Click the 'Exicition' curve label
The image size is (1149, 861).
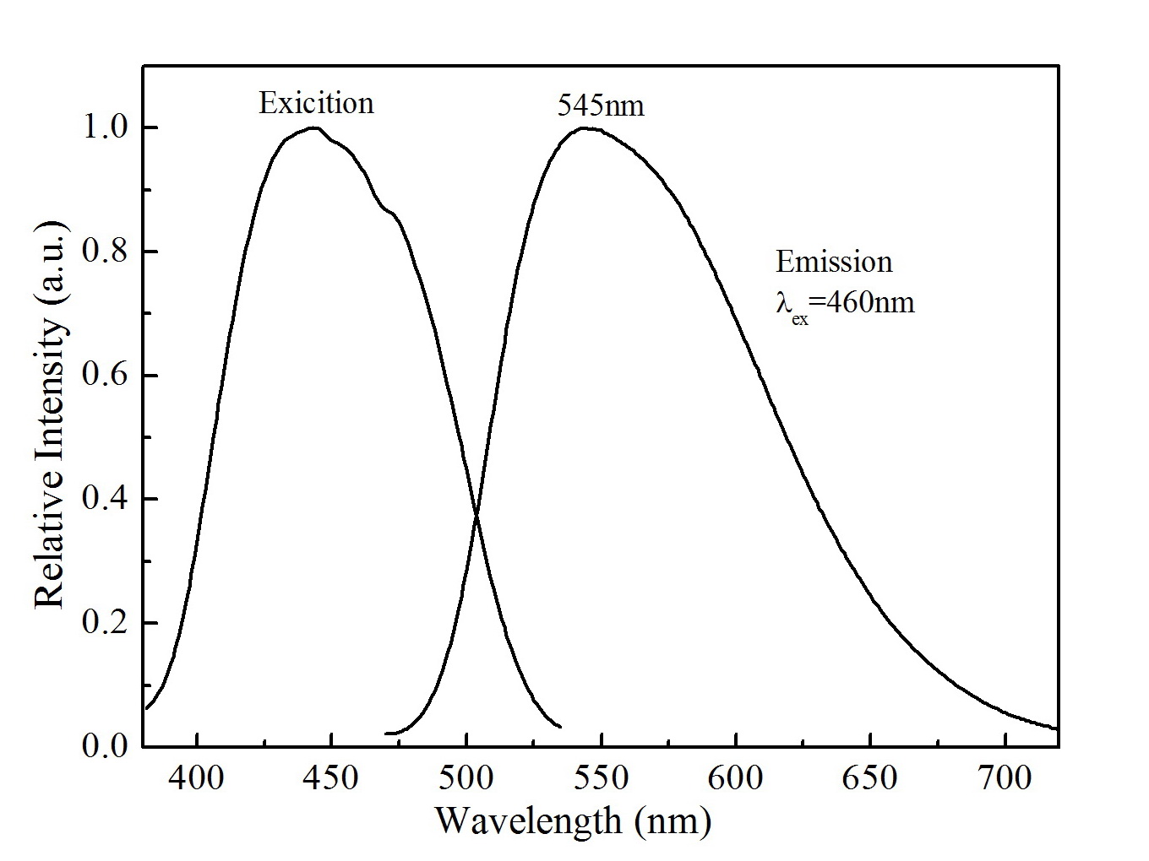click(x=316, y=103)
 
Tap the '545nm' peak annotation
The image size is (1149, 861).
click(x=601, y=106)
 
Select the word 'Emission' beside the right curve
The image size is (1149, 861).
click(x=834, y=262)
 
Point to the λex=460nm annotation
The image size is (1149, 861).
click(x=845, y=303)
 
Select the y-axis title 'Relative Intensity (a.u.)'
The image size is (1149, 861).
click(x=49, y=414)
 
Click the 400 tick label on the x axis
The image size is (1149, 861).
click(x=197, y=777)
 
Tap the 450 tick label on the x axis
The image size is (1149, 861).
click(x=331, y=777)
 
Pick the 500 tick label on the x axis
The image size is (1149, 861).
click(x=466, y=777)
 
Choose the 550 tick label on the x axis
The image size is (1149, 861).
click(x=601, y=777)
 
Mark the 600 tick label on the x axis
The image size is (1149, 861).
click(x=736, y=777)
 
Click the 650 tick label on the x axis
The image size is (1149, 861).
click(x=870, y=777)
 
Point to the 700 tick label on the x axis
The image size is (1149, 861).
click(x=1005, y=777)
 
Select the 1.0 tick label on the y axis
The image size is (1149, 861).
click(x=104, y=128)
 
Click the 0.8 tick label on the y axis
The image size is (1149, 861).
click(x=104, y=252)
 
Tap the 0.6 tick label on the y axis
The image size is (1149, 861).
click(x=104, y=376)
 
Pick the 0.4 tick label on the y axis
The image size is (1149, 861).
click(x=104, y=500)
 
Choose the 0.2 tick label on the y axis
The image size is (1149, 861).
click(x=104, y=623)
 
